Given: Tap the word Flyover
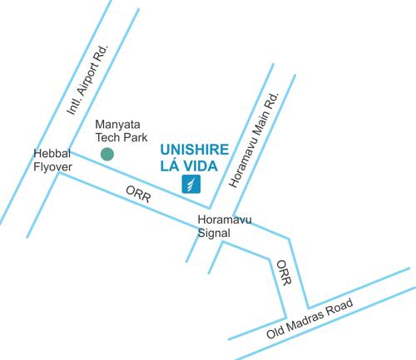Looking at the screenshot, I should coord(52,167).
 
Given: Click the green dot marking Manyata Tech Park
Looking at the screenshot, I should coord(106,154).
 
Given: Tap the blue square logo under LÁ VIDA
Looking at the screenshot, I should coord(190,185).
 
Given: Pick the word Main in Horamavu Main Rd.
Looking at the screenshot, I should coord(256,133).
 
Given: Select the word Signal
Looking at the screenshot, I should coord(215,234).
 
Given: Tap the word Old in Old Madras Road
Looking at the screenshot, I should coord(275,334).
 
